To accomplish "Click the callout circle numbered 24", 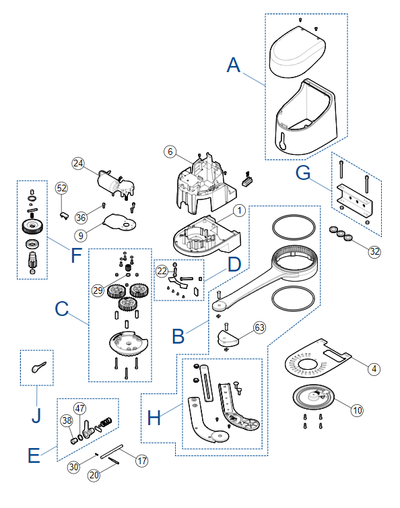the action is point(78,163).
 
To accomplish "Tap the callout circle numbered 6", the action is point(170,152).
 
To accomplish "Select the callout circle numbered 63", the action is point(259,327).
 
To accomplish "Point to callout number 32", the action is point(374,251).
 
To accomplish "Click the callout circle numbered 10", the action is point(357,410).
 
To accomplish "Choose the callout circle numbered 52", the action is point(61,188).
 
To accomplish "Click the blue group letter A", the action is point(234,65).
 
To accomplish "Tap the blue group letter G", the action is point(303,173).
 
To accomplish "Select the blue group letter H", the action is point(154,418).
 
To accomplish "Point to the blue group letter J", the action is point(36,415).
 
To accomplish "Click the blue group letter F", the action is point(76,255).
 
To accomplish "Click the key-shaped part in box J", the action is point(38,367).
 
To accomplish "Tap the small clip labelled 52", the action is point(64,215).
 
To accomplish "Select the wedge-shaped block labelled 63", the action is point(228,339).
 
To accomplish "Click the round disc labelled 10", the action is point(313,397).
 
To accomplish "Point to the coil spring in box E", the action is point(106,422).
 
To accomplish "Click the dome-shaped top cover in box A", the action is point(298,52).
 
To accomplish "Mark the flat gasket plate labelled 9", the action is point(119,223).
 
